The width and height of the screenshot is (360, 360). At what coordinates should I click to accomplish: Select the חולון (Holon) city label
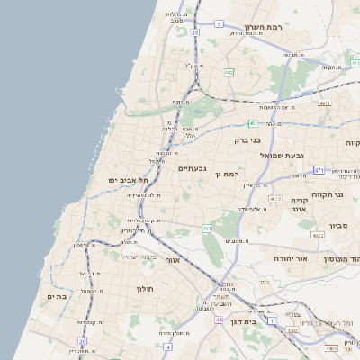(146, 289)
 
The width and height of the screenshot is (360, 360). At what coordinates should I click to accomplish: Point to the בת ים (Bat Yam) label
(57, 295)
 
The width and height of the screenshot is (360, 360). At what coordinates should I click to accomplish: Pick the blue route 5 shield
(219, 24)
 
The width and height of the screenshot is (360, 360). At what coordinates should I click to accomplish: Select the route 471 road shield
(319, 169)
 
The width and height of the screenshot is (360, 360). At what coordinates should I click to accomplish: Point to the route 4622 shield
(316, 236)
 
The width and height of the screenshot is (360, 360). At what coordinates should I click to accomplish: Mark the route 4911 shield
(323, 103)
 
